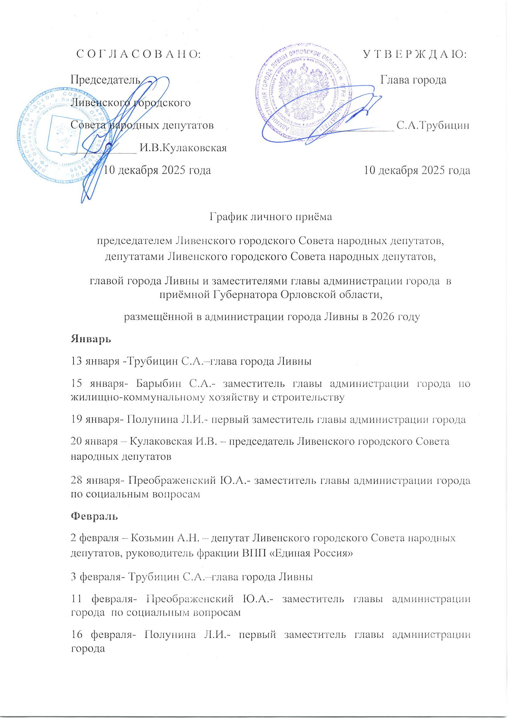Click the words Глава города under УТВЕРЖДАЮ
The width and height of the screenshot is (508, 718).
point(413,80)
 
